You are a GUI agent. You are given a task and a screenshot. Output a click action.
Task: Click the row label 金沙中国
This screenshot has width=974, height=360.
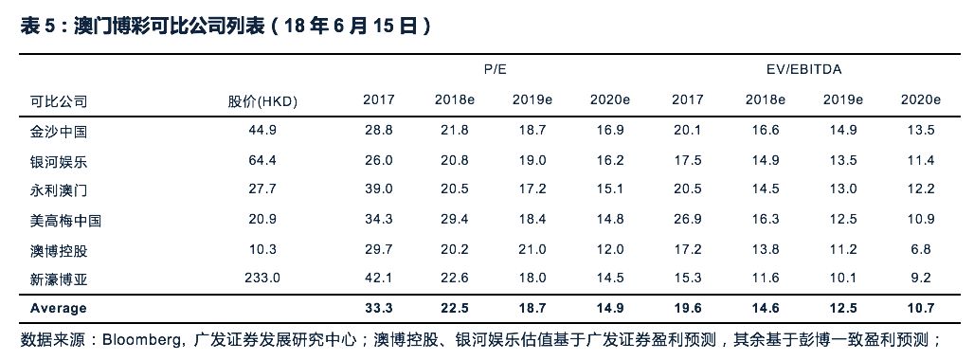click(x=59, y=132)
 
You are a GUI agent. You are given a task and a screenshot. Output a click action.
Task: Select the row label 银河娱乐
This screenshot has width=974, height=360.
click(x=59, y=161)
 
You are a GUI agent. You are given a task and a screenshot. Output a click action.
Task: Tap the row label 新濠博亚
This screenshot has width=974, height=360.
click(x=59, y=279)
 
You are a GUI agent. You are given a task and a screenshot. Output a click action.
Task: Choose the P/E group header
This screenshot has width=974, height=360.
click(x=496, y=70)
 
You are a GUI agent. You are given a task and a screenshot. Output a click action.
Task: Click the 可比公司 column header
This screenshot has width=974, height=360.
click(x=59, y=101)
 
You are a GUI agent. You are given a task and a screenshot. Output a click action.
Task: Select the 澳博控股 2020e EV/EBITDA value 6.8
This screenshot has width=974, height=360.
click(x=920, y=249)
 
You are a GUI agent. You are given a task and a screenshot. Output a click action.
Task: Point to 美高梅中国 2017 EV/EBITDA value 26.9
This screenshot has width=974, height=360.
click(x=688, y=220)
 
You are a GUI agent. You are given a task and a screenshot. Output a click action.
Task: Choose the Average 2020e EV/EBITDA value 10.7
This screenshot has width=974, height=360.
click(x=920, y=308)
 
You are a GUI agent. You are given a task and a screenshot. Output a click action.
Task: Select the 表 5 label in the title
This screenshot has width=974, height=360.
click(x=40, y=27)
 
